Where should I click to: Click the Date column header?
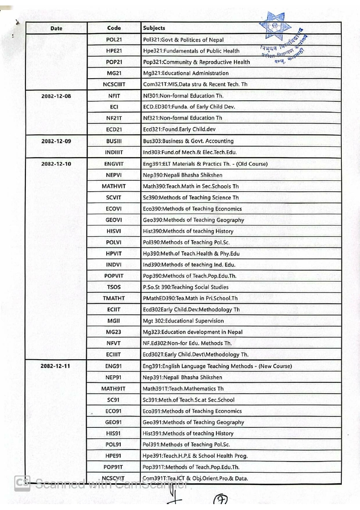pyautogui.click(x=56, y=28)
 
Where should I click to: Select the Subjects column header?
pyautogui.click(x=154, y=28)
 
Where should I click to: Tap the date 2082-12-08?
pyautogui.click(x=56, y=96)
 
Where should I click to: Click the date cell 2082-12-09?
pyautogui.click(x=56, y=141)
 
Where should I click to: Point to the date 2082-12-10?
pyautogui.click(x=56, y=163)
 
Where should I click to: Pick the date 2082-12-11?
pyautogui.click(x=56, y=366)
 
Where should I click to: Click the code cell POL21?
pyautogui.click(x=114, y=40)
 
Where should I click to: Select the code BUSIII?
pyautogui.click(x=114, y=141)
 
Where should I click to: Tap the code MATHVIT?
pyautogui.click(x=114, y=186)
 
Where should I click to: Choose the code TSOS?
pyautogui.click(x=114, y=287)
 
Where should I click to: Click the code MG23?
pyautogui.click(x=114, y=332)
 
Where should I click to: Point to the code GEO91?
pyautogui.click(x=114, y=422)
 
